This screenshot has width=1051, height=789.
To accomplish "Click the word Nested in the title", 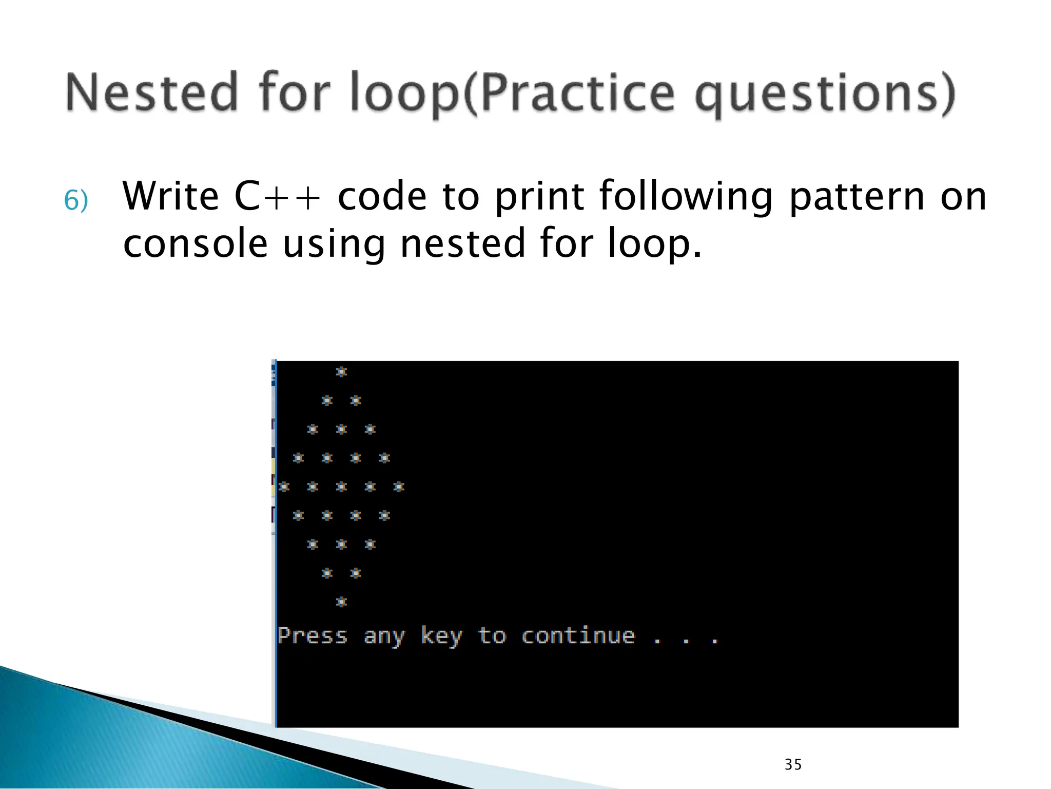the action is pos(152,92).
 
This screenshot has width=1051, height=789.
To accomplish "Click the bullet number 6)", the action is pos(76,200).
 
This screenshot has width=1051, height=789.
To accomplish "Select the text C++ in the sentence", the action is pos(278,197).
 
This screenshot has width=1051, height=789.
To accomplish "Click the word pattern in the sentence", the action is pos(857,197).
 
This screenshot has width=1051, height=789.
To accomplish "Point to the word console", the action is pos(196,243).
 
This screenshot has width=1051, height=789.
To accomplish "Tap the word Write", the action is pos(171,196).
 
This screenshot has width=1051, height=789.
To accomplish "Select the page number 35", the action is pos(793,764).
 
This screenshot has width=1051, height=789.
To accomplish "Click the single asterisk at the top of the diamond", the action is pos(341,372).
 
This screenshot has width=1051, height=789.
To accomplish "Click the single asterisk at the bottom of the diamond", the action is pos(341,602).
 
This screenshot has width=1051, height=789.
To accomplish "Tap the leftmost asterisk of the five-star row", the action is pos(284,486).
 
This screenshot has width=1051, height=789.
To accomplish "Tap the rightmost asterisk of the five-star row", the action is pos(399,486).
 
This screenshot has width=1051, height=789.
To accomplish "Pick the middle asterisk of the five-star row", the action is pos(341,486).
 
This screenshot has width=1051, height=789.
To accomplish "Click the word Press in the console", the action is pos(313,636).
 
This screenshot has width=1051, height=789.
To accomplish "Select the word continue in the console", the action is pos(578,636).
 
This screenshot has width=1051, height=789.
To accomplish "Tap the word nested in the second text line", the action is pos(462,243).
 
